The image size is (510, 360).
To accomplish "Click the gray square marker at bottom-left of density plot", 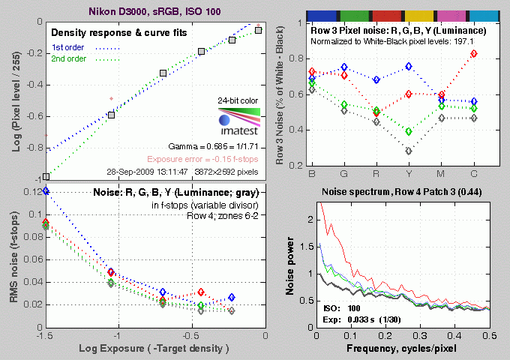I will click(x=46, y=177).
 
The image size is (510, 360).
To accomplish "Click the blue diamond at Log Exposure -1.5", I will click(x=46, y=191).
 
